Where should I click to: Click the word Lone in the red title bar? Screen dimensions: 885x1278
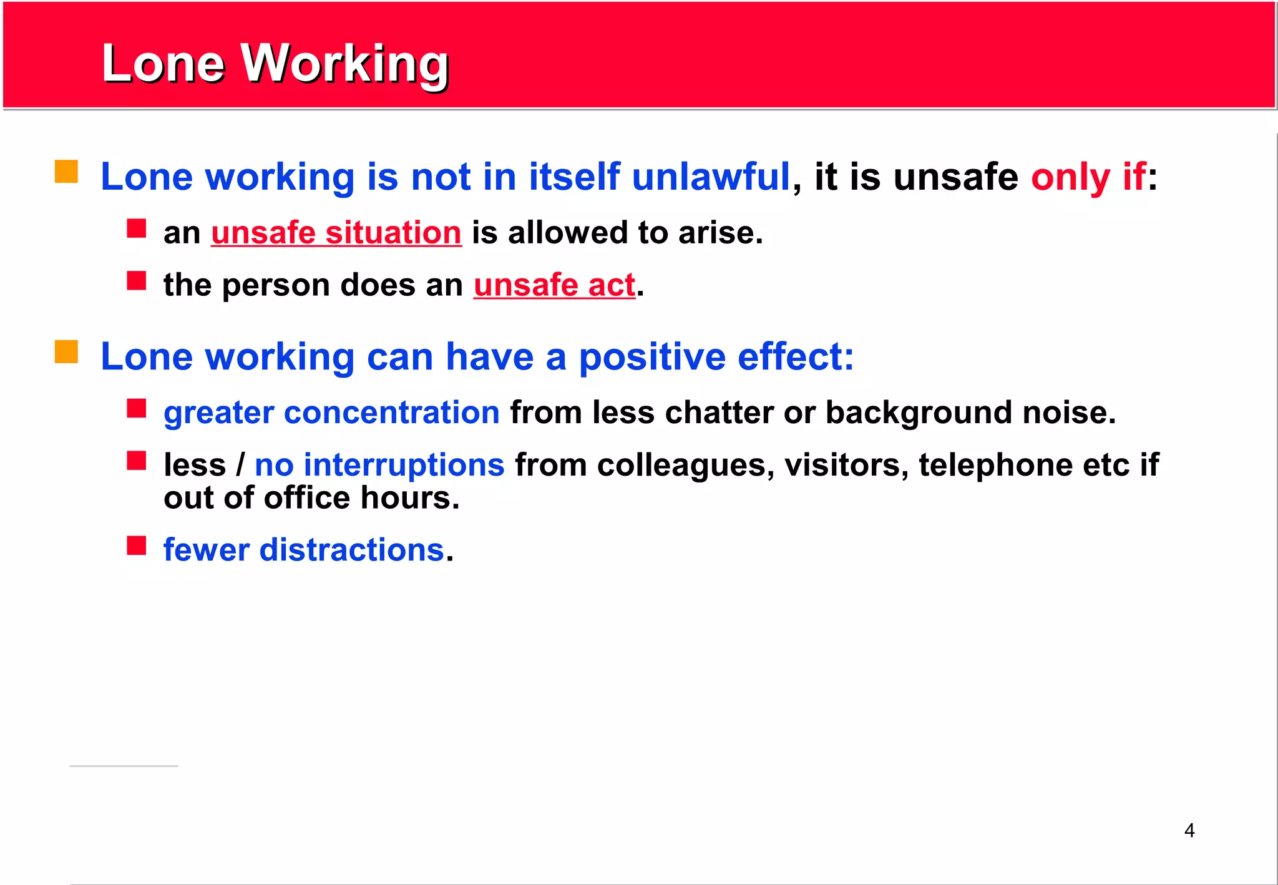[x=163, y=64]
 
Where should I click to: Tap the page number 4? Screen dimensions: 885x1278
[x=1189, y=830]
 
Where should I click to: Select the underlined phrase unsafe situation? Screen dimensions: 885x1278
[x=336, y=233]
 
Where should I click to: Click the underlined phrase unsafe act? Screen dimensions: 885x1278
[x=554, y=285]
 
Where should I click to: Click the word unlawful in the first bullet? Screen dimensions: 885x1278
[x=711, y=177]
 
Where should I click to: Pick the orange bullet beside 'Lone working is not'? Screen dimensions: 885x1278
[x=66, y=172]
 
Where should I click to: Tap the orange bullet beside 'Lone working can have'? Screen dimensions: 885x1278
[x=66, y=351]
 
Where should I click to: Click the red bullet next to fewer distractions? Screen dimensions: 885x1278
[x=136, y=545]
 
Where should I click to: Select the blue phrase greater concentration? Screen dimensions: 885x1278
[x=331, y=413]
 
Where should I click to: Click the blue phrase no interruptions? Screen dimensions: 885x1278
[x=379, y=465]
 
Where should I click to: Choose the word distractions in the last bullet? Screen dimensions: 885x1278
[x=351, y=550]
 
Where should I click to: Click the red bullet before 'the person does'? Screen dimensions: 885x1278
[x=136, y=281]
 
